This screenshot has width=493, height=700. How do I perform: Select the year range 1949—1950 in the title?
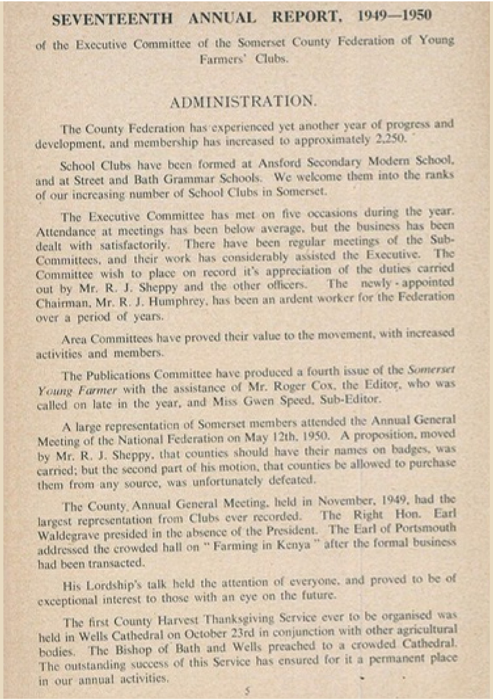394,16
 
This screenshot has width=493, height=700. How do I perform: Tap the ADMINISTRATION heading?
243,102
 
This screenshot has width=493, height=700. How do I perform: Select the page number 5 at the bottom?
247,690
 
